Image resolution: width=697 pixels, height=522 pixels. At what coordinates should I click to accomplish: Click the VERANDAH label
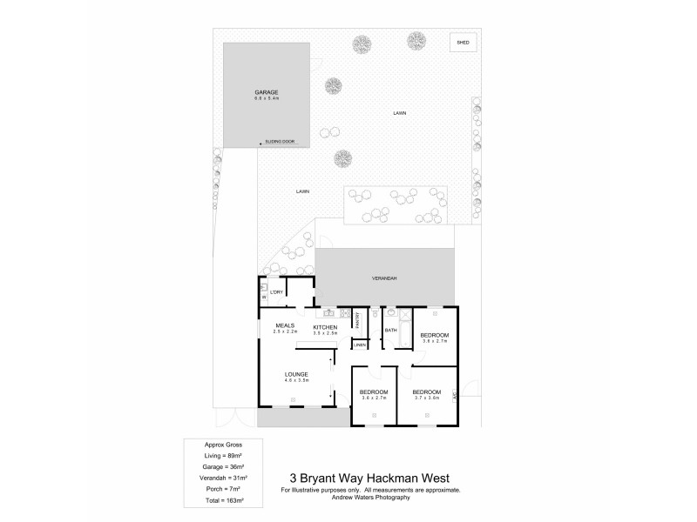pos(384,278)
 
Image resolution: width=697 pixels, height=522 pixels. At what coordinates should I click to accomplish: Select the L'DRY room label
pos(278,292)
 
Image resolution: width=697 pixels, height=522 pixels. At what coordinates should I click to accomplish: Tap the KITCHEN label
pos(324,326)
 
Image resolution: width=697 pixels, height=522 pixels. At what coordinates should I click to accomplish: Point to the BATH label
pos(391,330)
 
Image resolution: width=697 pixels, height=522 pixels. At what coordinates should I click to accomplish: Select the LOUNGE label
pos(296,374)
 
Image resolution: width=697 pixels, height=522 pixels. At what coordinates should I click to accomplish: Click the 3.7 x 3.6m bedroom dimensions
pos(426,398)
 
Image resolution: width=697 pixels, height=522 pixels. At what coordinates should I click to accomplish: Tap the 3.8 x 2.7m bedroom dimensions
pos(434,341)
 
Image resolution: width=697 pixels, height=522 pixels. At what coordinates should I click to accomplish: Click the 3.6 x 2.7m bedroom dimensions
pos(373,398)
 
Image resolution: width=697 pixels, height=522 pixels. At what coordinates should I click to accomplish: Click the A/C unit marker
pos(456,396)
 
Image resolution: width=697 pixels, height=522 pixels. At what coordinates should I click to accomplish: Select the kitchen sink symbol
pos(329,311)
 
